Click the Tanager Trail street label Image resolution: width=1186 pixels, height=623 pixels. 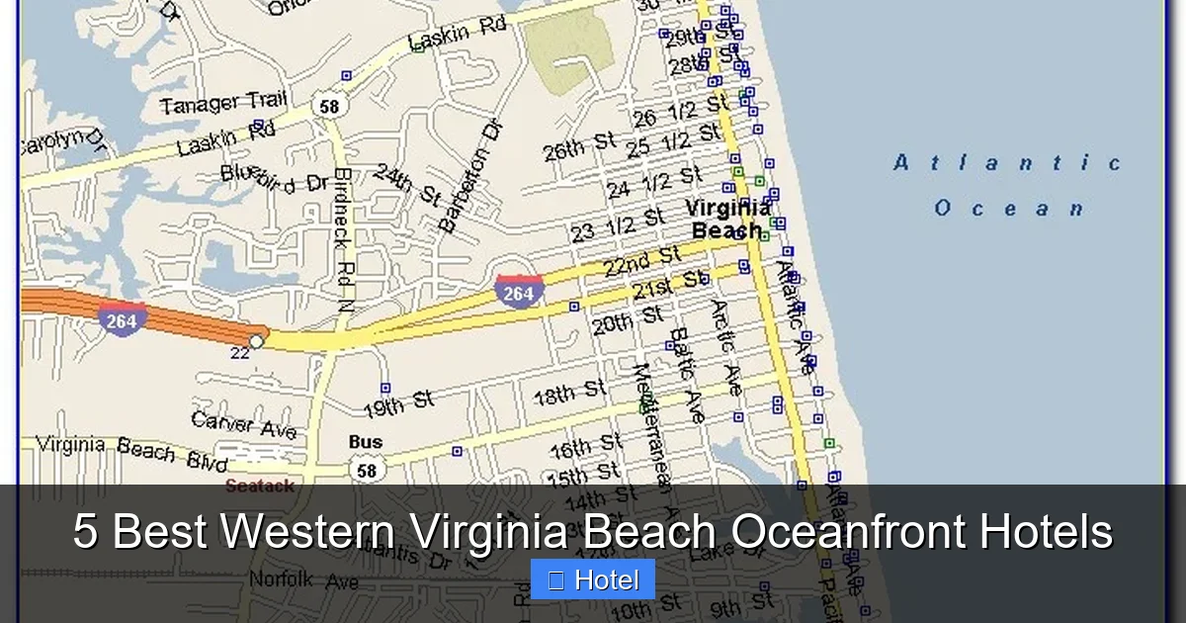223,101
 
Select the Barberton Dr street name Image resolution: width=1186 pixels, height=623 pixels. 471,176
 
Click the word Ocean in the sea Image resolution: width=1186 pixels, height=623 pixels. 1009,209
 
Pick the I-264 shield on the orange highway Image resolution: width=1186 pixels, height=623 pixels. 122,319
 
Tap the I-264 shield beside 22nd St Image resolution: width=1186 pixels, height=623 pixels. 518,292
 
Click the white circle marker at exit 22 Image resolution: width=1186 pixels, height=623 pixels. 256,341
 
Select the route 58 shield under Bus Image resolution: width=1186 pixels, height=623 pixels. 366,470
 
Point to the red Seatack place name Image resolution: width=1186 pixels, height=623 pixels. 259,486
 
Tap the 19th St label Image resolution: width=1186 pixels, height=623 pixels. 398,403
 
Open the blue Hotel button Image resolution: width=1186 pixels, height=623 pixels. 592,579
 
